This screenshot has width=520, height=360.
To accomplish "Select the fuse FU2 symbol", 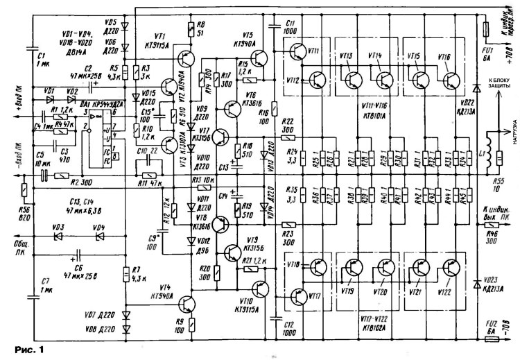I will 485,341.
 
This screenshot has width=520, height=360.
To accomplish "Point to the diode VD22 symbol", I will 476,88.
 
